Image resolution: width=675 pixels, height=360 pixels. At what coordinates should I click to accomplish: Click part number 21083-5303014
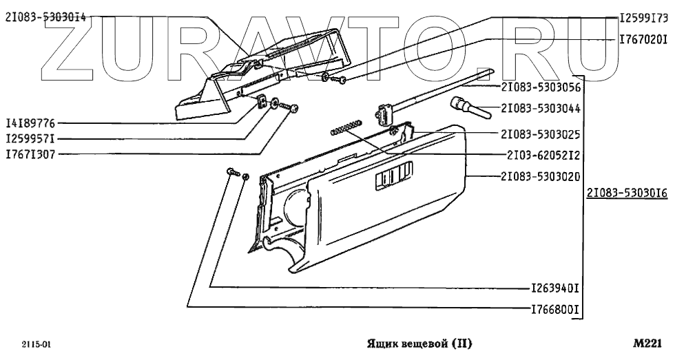pyautogui.click(x=45, y=19)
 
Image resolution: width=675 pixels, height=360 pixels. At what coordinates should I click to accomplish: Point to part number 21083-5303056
pyautogui.click(x=541, y=87)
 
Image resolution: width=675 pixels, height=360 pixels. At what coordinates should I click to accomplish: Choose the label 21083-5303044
pyautogui.click(x=541, y=108)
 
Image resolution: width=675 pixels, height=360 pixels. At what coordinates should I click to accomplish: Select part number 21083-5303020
pyautogui.click(x=541, y=176)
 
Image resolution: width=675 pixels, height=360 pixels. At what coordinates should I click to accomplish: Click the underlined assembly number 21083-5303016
pyautogui.click(x=627, y=194)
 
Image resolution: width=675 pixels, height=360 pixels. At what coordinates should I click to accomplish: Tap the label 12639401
pyautogui.click(x=554, y=287)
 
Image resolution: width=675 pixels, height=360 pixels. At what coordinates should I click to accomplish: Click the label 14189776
pyautogui.click(x=30, y=124)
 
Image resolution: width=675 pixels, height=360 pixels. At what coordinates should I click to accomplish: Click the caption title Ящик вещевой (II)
pyautogui.click(x=420, y=342)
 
